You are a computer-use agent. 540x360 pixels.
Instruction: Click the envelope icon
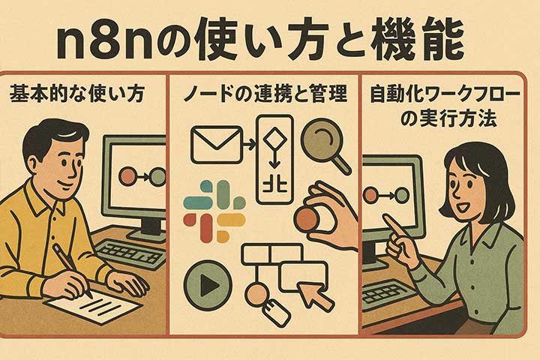point(217,144)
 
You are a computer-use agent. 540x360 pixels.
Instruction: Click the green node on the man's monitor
point(157,177)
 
